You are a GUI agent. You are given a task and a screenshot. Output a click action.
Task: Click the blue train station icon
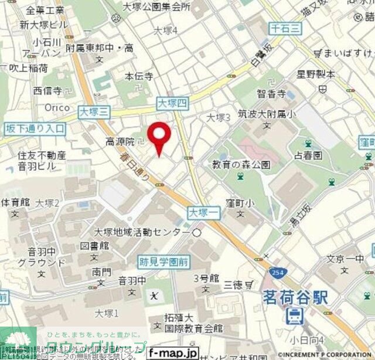[x=292, y=317]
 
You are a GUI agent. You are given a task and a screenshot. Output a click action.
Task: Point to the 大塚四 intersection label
[x=172, y=103]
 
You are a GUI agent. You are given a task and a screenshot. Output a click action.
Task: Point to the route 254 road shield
[x=277, y=272]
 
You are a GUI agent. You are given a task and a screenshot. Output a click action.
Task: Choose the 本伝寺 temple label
[x=139, y=76]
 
